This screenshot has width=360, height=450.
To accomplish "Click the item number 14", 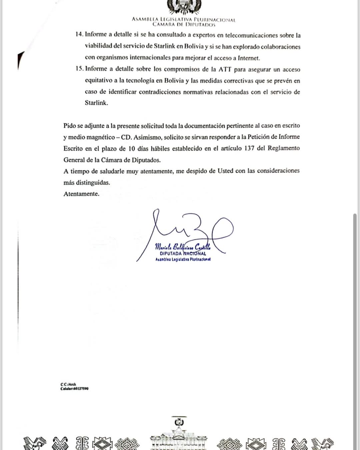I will [x=79, y=34].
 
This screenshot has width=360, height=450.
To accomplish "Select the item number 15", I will [x=79, y=69].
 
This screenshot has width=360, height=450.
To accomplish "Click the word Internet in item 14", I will [x=248, y=58].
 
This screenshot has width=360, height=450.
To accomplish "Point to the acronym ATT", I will [x=225, y=69].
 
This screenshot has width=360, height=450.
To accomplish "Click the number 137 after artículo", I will [x=249, y=148].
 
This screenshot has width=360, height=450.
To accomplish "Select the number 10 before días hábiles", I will [x=132, y=148].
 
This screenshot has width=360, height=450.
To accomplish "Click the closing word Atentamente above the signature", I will [x=81, y=194].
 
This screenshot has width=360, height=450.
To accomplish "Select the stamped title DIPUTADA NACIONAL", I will [x=183, y=254].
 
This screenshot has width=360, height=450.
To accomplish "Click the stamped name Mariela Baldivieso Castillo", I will [x=182, y=247].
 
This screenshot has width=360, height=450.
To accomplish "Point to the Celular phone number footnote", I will [x=74, y=389].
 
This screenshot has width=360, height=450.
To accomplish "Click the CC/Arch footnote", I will [x=68, y=384].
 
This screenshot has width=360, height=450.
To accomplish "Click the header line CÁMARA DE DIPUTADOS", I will [x=184, y=24].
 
